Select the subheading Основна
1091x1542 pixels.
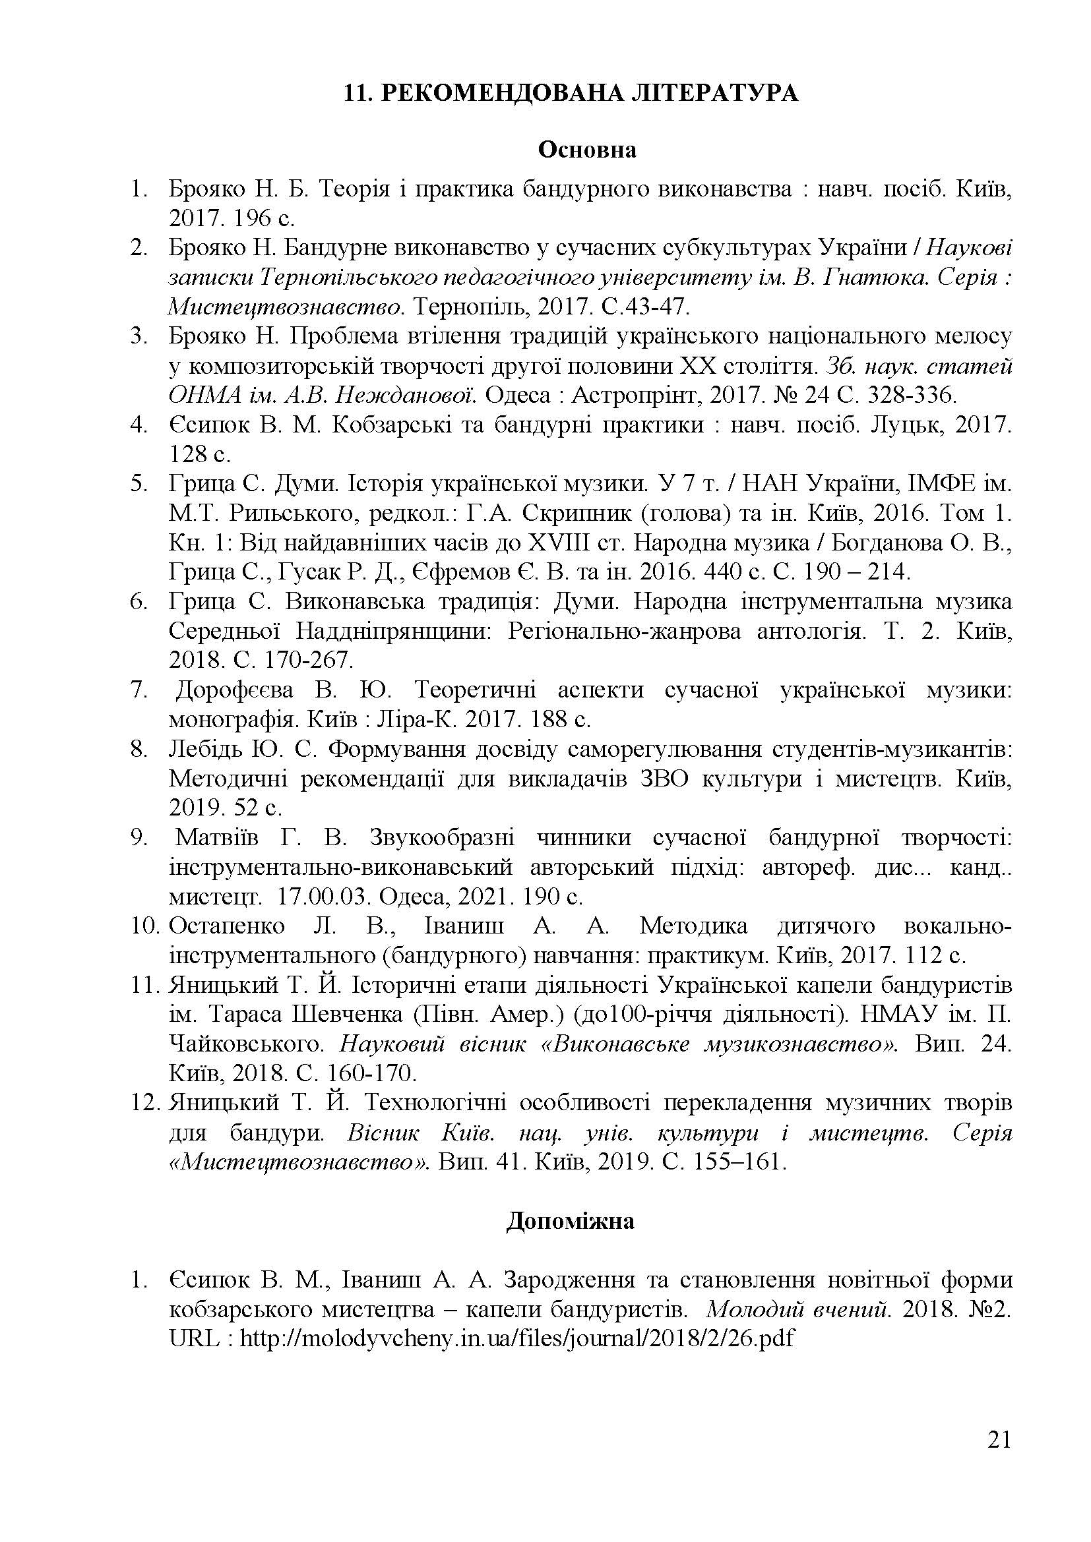click(586, 149)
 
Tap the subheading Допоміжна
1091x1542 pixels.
click(570, 1220)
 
